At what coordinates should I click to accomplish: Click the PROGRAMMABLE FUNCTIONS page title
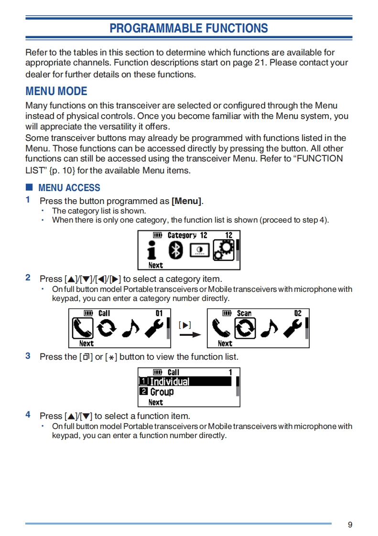pyautogui.click(x=189, y=28)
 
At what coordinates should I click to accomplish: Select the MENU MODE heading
pyautogui.click(x=56, y=91)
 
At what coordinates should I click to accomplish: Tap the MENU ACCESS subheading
pyautogui.click(x=69, y=188)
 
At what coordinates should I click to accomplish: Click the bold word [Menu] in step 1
pyautogui.click(x=186, y=201)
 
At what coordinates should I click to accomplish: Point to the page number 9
pyautogui.click(x=350, y=525)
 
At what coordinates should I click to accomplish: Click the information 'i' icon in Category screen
pyautogui.click(x=152, y=250)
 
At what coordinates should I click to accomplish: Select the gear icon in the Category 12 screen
pyautogui.click(x=223, y=250)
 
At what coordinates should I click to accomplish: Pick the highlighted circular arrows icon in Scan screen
pyautogui.click(x=244, y=328)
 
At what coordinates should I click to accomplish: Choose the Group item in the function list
pyautogui.click(x=162, y=392)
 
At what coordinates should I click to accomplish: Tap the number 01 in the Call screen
pyautogui.click(x=159, y=313)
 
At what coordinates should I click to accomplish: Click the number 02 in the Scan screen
pyautogui.click(x=298, y=313)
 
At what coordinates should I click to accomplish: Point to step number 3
pyautogui.click(x=28, y=356)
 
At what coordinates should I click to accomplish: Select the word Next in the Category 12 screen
pyautogui.click(x=156, y=265)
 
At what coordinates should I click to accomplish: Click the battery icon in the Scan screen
pyautogui.click(x=227, y=313)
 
